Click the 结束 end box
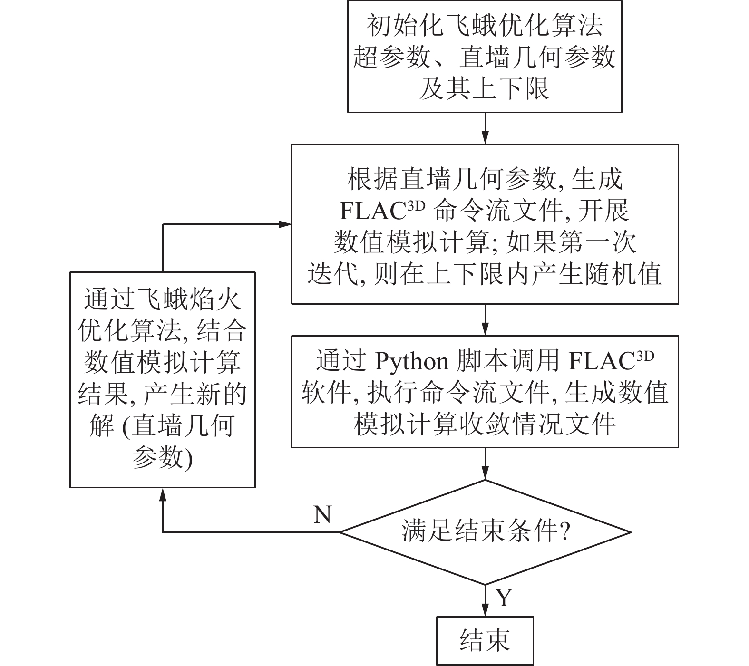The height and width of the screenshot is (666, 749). pos(485,640)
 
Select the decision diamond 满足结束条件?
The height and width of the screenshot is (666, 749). pos(485,532)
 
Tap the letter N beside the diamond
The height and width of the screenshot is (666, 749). pos(322,514)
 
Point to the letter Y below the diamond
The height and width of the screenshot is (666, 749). pos(504,598)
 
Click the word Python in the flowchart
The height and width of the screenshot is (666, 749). pos(412,362)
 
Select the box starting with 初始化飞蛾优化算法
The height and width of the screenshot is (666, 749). pos(485,57)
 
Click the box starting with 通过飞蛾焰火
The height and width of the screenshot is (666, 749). pos(162,379)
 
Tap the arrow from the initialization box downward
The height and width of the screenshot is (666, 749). pos(485,128)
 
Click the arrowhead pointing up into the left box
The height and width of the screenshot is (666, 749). pos(163,494)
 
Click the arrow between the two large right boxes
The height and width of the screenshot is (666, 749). pos(485,320)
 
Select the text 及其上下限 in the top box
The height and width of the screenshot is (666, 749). pos(484,89)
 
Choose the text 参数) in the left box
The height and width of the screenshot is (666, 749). pos(162,458)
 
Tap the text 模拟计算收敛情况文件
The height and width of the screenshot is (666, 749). pos(485,423)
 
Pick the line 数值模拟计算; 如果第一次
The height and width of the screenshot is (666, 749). pos(485,242)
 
